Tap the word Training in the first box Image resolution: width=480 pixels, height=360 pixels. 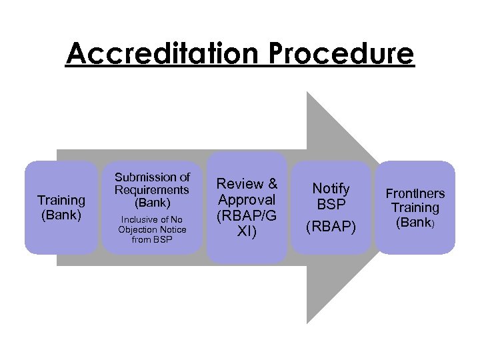click(61, 200)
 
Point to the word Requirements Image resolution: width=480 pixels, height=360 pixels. click(152, 189)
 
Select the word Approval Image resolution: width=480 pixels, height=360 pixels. click(247, 199)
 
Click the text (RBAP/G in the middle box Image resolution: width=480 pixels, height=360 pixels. click(247, 215)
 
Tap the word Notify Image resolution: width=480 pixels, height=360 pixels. click(331, 189)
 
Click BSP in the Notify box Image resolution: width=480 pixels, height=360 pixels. click(331, 204)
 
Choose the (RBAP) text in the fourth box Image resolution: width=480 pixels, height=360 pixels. click(331, 227)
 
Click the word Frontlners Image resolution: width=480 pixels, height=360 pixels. click(415, 193)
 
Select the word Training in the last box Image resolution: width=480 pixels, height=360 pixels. click(415, 208)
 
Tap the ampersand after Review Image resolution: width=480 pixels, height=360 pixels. click(271, 184)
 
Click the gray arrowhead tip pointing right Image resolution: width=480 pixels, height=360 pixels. click(392, 208)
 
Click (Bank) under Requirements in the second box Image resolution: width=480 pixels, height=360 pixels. click(152, 202)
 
